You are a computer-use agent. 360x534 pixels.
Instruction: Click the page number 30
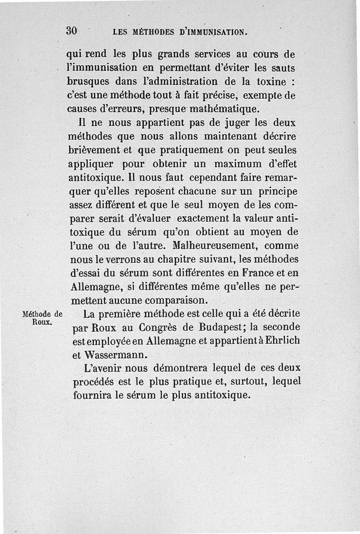(72, 31)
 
